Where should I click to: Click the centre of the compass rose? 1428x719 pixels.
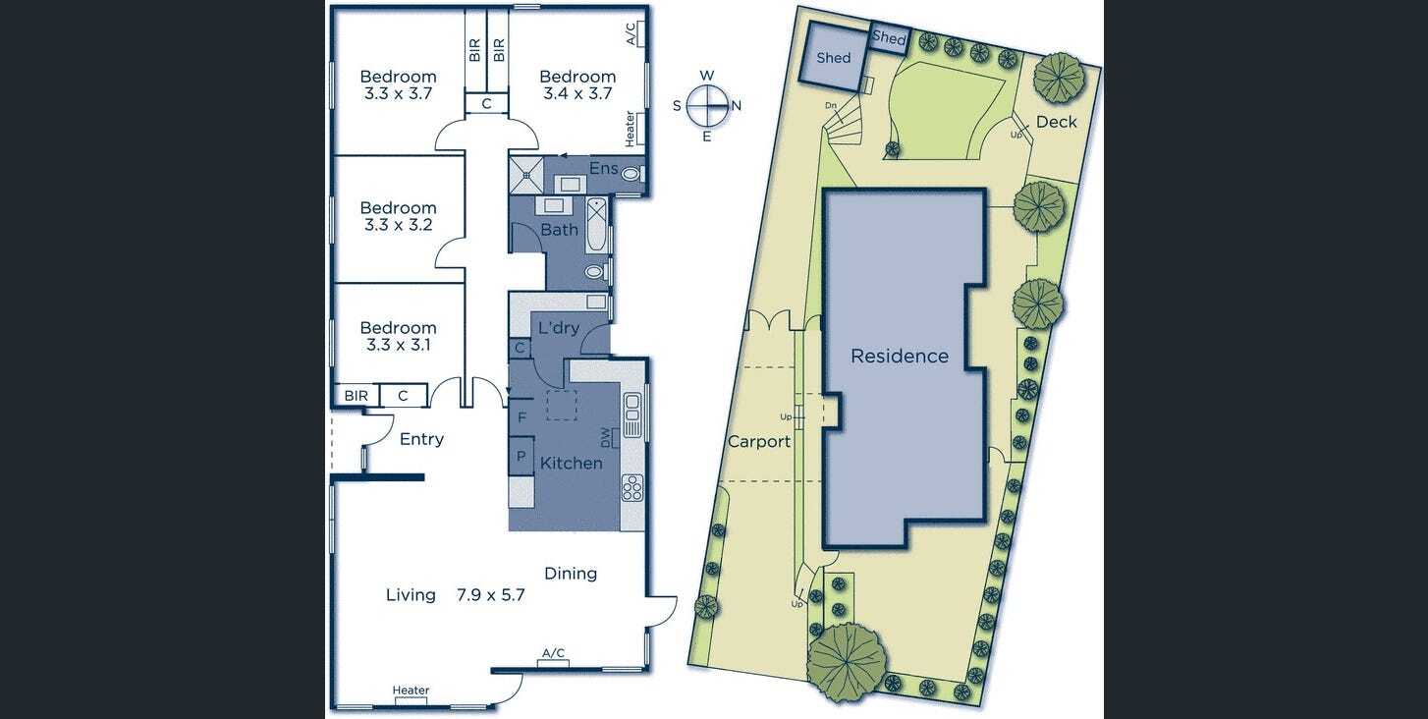[706, 105]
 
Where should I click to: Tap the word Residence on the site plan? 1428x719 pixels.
[900, 356]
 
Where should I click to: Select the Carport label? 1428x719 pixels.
[758, 441]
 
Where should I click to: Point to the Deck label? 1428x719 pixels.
[1056, 122]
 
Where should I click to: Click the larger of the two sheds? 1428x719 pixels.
[833, 58]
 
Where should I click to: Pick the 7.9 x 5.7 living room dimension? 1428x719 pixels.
[490, 594]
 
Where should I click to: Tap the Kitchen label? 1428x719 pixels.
[571, 463]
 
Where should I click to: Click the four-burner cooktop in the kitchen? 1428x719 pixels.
[632, 488]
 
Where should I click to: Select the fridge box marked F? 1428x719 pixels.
[522, 416]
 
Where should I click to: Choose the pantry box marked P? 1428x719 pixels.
[522, 456]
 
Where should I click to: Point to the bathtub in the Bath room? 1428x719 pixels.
[596, 224]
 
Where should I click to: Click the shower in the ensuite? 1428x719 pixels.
[526, 175]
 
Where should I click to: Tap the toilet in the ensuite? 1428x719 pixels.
[630, 174]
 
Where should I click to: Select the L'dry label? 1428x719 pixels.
[559, 328]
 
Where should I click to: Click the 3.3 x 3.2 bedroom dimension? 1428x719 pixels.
[398, 224]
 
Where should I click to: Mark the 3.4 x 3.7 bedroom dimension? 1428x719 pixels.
[577, 93]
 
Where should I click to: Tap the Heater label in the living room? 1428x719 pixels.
[411, 691]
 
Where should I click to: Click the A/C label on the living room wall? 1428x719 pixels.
[553, 653]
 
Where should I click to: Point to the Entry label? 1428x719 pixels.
[421, 439]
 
